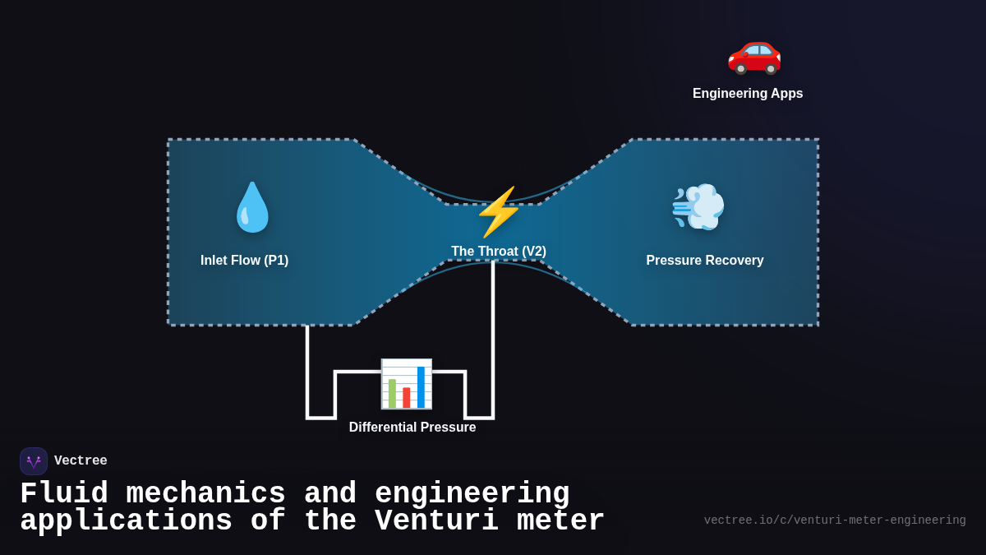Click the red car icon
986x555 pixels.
(x=754, y=52)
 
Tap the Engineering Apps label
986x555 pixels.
(x=748, y=94)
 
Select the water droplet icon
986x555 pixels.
(x=252, y=207)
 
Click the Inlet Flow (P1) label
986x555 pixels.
(x=244, y=261)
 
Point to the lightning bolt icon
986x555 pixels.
(x=498, y=211)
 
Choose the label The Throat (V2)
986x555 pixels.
(x=498, y=252)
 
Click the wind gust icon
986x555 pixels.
(x=698, y=206)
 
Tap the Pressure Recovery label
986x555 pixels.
(x=704, y=261)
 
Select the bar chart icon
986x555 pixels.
(x=406, y=384)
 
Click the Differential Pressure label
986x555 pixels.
(x=412, y=428)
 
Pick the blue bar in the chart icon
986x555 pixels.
(x=421, y=387)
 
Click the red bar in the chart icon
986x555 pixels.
(x=406, y=397)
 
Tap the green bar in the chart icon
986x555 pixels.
(x=392, y=393)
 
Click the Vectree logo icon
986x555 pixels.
(x=34, y=461)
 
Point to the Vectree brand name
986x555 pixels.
(x=81, y=461)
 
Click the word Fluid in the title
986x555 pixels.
(x=63, y=494)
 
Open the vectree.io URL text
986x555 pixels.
(x=834, y=520)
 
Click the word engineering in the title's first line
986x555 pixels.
(x=472, y=494)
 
